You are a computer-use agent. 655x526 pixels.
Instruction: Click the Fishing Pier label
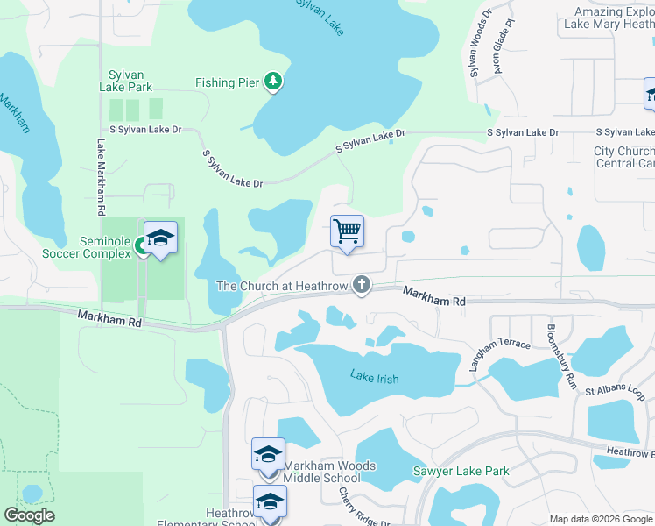227,83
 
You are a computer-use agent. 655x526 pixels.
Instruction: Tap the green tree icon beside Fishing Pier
274,82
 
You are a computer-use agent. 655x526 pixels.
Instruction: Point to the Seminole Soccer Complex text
86,248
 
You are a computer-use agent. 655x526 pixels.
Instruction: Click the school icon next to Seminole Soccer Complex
161,238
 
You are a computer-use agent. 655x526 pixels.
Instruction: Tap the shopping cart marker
348,232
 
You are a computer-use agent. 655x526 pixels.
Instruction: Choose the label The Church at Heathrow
282,286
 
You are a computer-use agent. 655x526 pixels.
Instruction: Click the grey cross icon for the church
361,284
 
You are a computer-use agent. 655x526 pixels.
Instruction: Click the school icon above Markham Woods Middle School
268,454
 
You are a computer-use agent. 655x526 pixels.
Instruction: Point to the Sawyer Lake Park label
461,471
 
